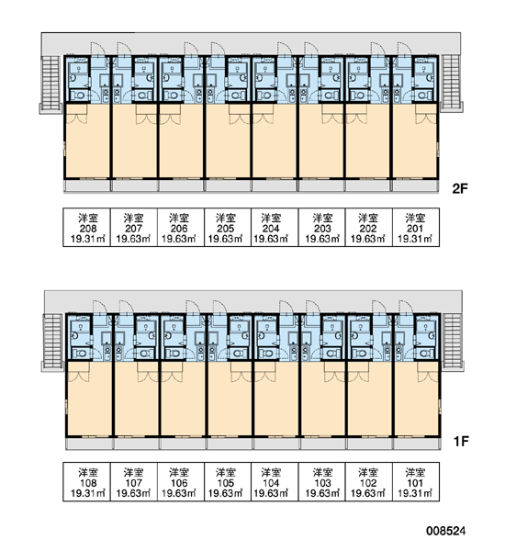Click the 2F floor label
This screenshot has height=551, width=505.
coord(460,189)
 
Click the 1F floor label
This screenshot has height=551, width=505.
coord(461,441)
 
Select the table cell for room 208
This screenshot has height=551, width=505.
coord(87,228)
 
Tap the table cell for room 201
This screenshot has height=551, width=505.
coord(416,228)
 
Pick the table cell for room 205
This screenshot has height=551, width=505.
coord(228,228)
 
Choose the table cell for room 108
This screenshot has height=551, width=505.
coord(87,481)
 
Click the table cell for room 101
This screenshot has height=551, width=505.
coord(416,481)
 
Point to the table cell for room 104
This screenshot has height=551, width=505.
coord(275,481)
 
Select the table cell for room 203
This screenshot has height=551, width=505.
coord(322,228)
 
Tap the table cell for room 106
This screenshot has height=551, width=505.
coord(181,481)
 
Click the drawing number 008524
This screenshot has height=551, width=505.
coord(446,531)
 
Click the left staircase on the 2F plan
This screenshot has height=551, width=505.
coord(50,84)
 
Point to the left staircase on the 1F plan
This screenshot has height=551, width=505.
coord(52,343)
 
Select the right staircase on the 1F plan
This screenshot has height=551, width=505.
coord(453,341)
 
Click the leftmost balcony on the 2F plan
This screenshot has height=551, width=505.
coord(87,186)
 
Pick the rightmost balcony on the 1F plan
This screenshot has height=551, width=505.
coord(417,444)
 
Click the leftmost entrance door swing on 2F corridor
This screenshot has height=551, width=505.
coord(98,48)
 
